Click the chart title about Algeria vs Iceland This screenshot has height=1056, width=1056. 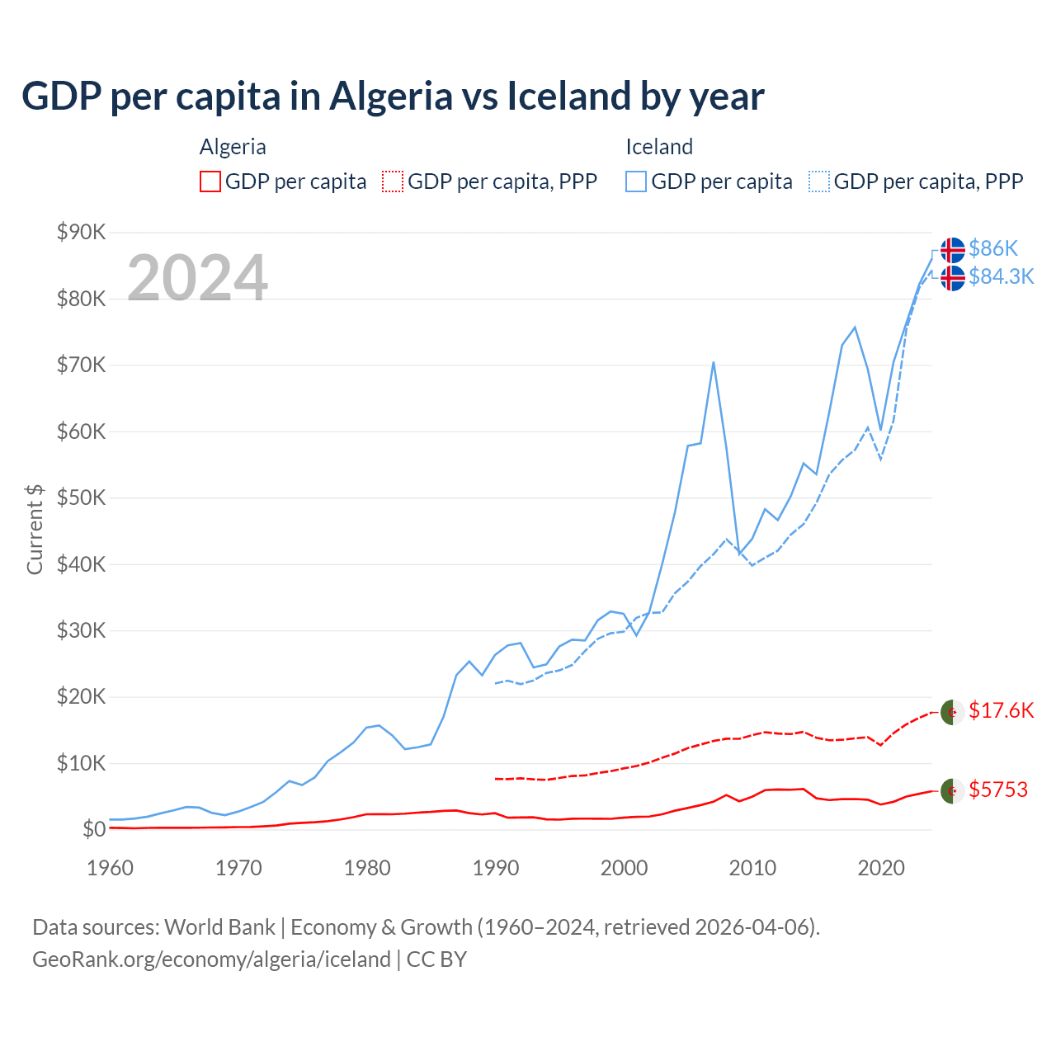[x=393, y=97]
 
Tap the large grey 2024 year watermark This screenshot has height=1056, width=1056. [x=197, y=278]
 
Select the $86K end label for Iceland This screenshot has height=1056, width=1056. [x=993, y=248]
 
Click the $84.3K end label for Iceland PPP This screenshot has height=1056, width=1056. [x=1001, y=276]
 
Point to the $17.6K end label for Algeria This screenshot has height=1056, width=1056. [x=1001, y=710]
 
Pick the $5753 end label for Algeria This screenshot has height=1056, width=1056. [x=998, y=790]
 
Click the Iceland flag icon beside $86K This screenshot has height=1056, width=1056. [x=952, y=249]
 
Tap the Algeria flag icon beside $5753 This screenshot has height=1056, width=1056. [x=952, y=790]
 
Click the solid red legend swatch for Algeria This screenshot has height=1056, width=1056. [x=210, y=181]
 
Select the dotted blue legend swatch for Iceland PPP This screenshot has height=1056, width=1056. [x=819, y=181]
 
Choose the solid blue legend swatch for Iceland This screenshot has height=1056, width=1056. [x=636, y=181]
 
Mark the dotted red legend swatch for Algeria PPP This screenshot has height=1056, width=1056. [x=393, y=181]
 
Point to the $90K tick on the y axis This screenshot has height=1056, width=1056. [x=81, y=232]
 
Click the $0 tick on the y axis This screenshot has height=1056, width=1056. [x=94, y=829]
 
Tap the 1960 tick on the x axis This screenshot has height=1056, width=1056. [x=110, y=868]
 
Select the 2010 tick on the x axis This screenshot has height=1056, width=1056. [x=752, y=868]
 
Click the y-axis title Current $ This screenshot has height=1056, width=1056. [x=35, y=529]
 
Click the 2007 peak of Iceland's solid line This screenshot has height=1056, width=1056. [x=713, y=362]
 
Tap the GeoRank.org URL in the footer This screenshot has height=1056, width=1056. [x=211, y=959]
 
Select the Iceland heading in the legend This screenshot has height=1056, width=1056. [x=659, y=147]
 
